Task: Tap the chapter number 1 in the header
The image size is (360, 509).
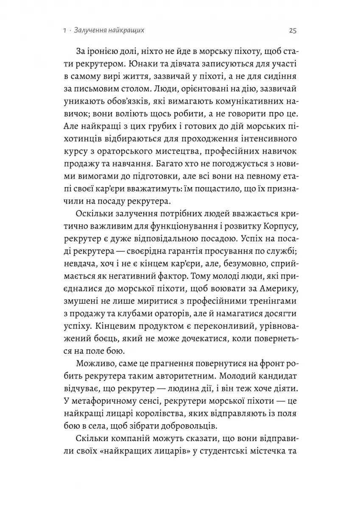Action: coord(63,31)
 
